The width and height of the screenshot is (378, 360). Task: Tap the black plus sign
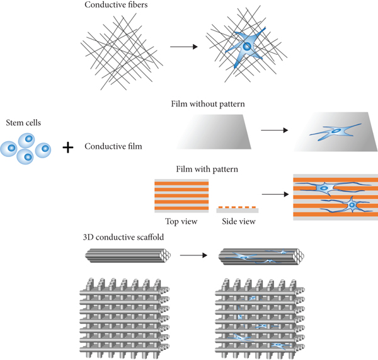[68, 148]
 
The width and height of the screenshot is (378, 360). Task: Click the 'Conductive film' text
[113, 147]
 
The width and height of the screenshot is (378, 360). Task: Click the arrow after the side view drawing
[272, 195]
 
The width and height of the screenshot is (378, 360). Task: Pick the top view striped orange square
[181, 196]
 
